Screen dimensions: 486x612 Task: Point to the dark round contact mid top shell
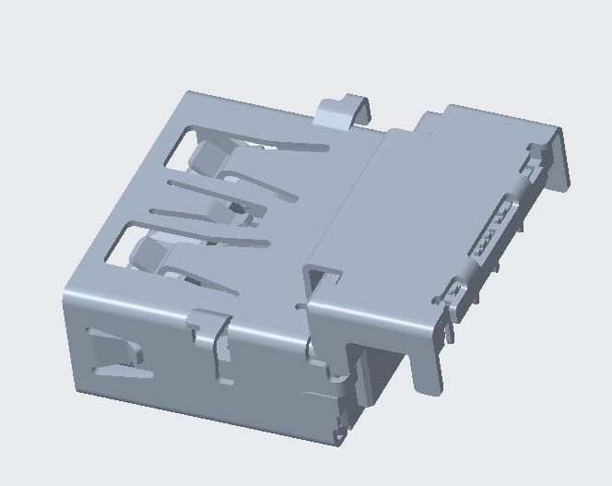[x=238, y=207]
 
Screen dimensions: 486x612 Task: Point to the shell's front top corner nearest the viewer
[x=66, y=300]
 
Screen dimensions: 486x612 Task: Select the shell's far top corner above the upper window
[x=190, y=93]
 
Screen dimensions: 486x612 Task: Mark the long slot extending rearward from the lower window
[x=230, y=245]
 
